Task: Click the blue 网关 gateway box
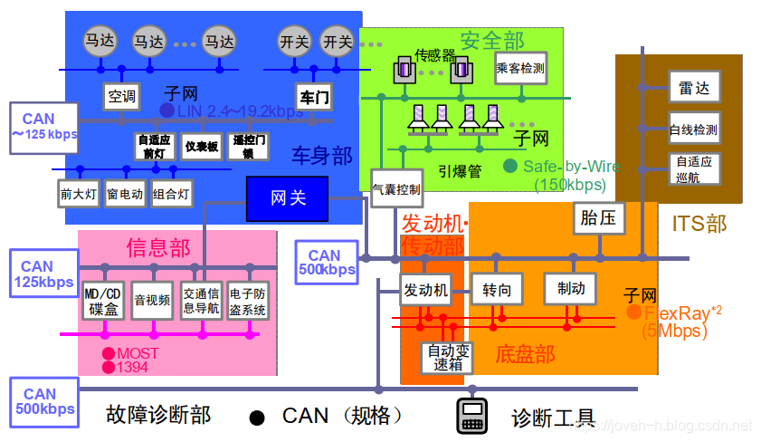tap(288, 198)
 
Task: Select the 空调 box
tap(120, 96)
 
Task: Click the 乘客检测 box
tap(520, 68)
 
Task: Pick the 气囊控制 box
tap(395, 190)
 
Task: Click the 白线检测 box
tap(694, 130)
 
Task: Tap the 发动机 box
tap(424, 291)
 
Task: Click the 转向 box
tap(497, 290)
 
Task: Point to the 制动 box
tap(570, 288)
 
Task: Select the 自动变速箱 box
tap(447, 358)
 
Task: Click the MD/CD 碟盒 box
tap(102, 302)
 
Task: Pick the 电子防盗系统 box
tap(248, 302)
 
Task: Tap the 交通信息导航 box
tap(201, 302)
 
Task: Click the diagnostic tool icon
tap(471, 416)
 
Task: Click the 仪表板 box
tap(201, 147)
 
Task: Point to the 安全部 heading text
tap(491, 40)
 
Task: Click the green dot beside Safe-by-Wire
tap(510, 166)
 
